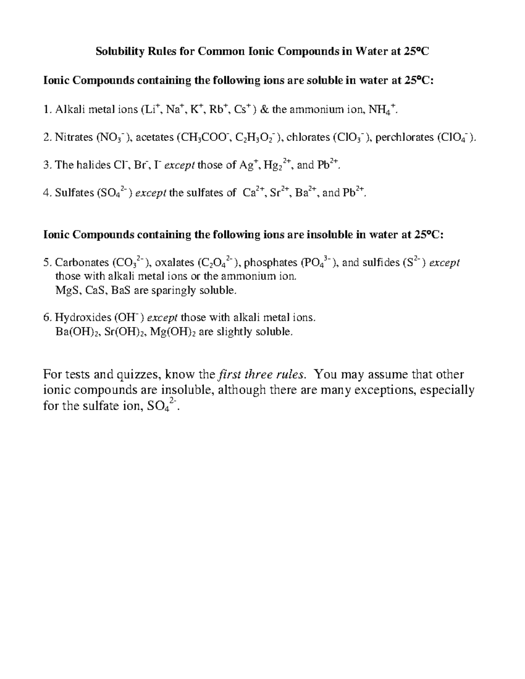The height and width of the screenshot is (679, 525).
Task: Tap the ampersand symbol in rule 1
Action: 265,109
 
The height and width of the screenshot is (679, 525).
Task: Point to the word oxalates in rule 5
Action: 175,263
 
